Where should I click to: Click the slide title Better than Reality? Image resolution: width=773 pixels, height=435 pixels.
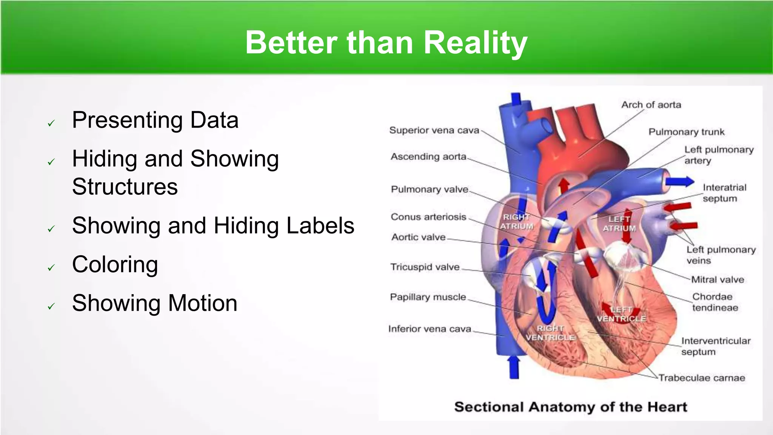pos(386,43)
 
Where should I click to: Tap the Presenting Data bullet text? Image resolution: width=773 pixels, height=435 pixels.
pos(155,120)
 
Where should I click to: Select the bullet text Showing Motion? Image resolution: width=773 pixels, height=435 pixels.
pos(155,303)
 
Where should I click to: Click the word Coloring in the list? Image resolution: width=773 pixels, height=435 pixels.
pos(115,264)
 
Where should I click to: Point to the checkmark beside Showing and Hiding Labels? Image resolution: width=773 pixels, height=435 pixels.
pos(51,229)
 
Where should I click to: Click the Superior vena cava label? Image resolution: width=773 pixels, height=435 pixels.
pos(434,130)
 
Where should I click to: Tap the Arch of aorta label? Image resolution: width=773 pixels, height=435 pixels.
pos(651,105)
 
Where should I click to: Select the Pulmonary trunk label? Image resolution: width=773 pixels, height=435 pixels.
pos(686,132)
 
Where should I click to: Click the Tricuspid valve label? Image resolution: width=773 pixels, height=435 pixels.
pos(425,267)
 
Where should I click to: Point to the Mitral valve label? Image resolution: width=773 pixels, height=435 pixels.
pos(718,279)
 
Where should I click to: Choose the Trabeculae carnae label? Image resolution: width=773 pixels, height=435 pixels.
pos(702,378)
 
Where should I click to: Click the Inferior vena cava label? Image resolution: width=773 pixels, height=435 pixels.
pos(430,329)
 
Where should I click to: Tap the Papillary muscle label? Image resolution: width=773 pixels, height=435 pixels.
pos(428,297)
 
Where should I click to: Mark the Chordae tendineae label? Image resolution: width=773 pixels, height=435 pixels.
pos(714,302)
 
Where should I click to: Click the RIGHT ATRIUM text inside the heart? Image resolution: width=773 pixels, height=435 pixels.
pos(517,222)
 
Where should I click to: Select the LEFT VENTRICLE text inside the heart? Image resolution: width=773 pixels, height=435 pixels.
pos(621,314)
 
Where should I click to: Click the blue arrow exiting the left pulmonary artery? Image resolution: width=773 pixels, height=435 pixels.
pos(679,182)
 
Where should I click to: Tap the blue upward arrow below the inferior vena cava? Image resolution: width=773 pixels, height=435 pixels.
pos(514,367)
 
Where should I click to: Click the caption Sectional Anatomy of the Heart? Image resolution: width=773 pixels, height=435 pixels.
pos(570,407)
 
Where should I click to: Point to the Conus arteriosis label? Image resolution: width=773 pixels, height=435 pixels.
pos(428,217)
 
